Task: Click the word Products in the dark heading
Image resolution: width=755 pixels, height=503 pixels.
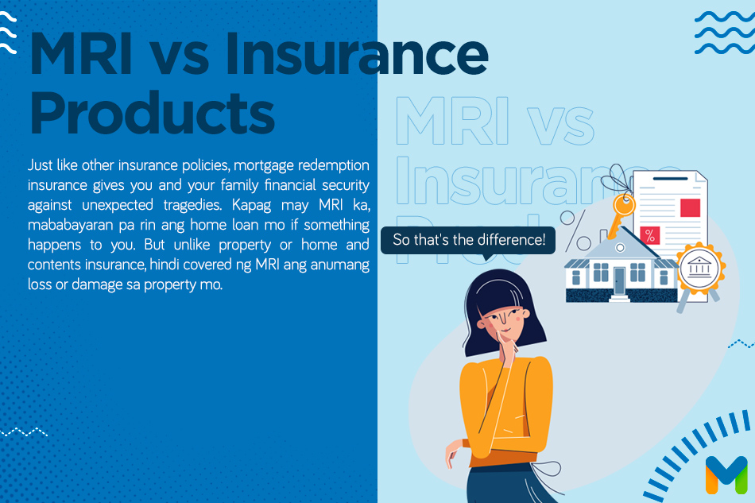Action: tap(152, 113)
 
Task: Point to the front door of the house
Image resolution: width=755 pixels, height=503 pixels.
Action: tap(619, 281)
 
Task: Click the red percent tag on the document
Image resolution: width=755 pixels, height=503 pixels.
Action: tap(650, 235)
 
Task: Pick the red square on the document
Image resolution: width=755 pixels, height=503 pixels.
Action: tap(690, 207)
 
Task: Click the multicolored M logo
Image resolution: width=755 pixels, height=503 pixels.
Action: tap(726, 474)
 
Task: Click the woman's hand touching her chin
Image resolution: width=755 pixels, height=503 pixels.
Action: tap(509, 350)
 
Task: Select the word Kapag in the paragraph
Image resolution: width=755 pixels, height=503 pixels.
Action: tap(251, 206)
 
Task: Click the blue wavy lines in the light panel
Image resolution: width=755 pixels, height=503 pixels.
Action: tap(725, 33)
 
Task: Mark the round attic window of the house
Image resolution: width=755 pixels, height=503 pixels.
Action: tap(620, 248)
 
